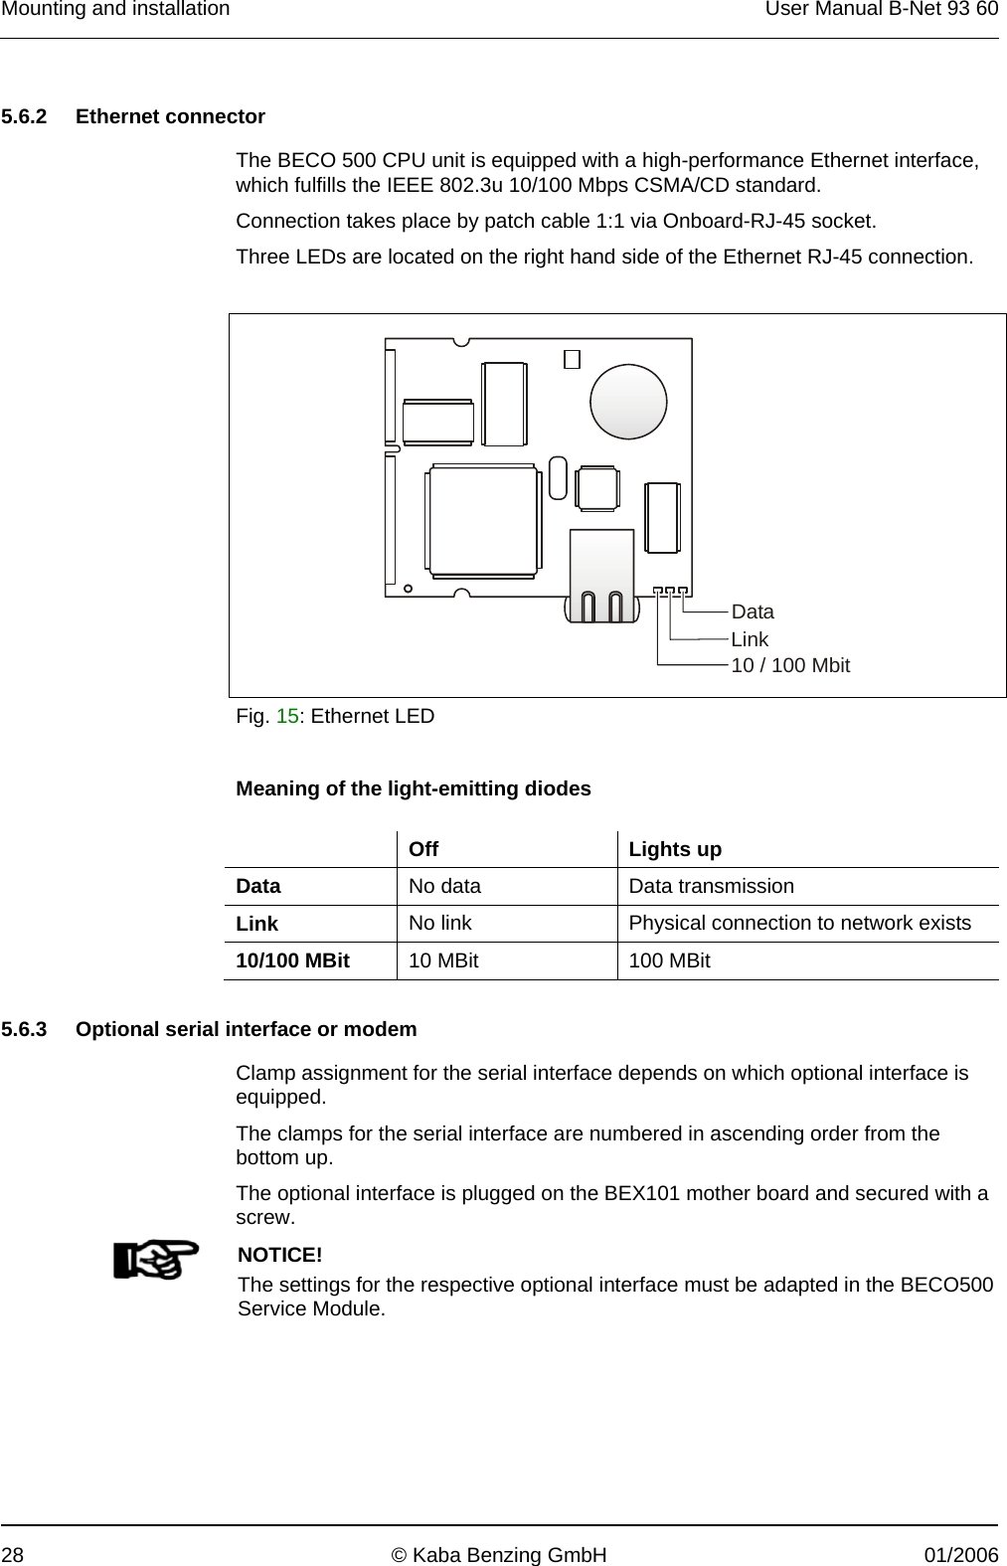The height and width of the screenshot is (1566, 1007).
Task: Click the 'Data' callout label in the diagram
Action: coord(752,611)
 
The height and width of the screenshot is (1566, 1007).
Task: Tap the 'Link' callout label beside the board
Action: coord(750,639)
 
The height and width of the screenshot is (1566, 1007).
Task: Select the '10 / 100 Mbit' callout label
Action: coord(790,665)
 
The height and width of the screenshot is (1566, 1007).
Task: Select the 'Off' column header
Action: coord(423,850)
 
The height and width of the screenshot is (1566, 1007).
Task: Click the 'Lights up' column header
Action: coord(675,850)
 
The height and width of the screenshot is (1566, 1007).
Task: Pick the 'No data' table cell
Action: coord(444,886)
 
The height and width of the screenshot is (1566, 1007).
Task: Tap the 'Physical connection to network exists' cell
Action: coord(799,923)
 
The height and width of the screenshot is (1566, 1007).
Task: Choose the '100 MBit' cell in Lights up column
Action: coord(669,960)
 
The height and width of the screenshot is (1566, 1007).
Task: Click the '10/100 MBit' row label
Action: coord(292,960)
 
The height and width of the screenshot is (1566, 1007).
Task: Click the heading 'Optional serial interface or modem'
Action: coord(247,1029)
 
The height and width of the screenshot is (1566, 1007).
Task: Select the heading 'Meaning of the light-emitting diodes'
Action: coord(413,788)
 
